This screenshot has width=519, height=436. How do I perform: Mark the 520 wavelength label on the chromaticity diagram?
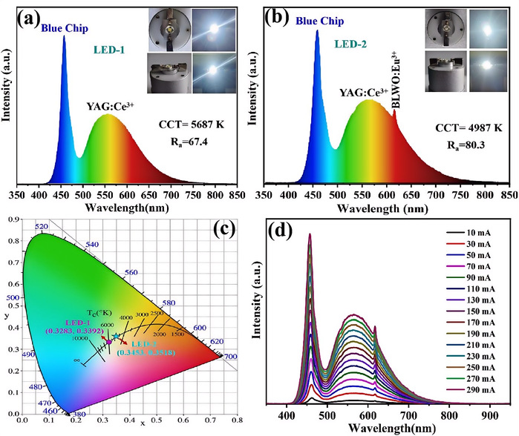coord(42,227)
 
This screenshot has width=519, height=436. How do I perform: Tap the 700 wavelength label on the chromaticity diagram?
coord(232,357)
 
